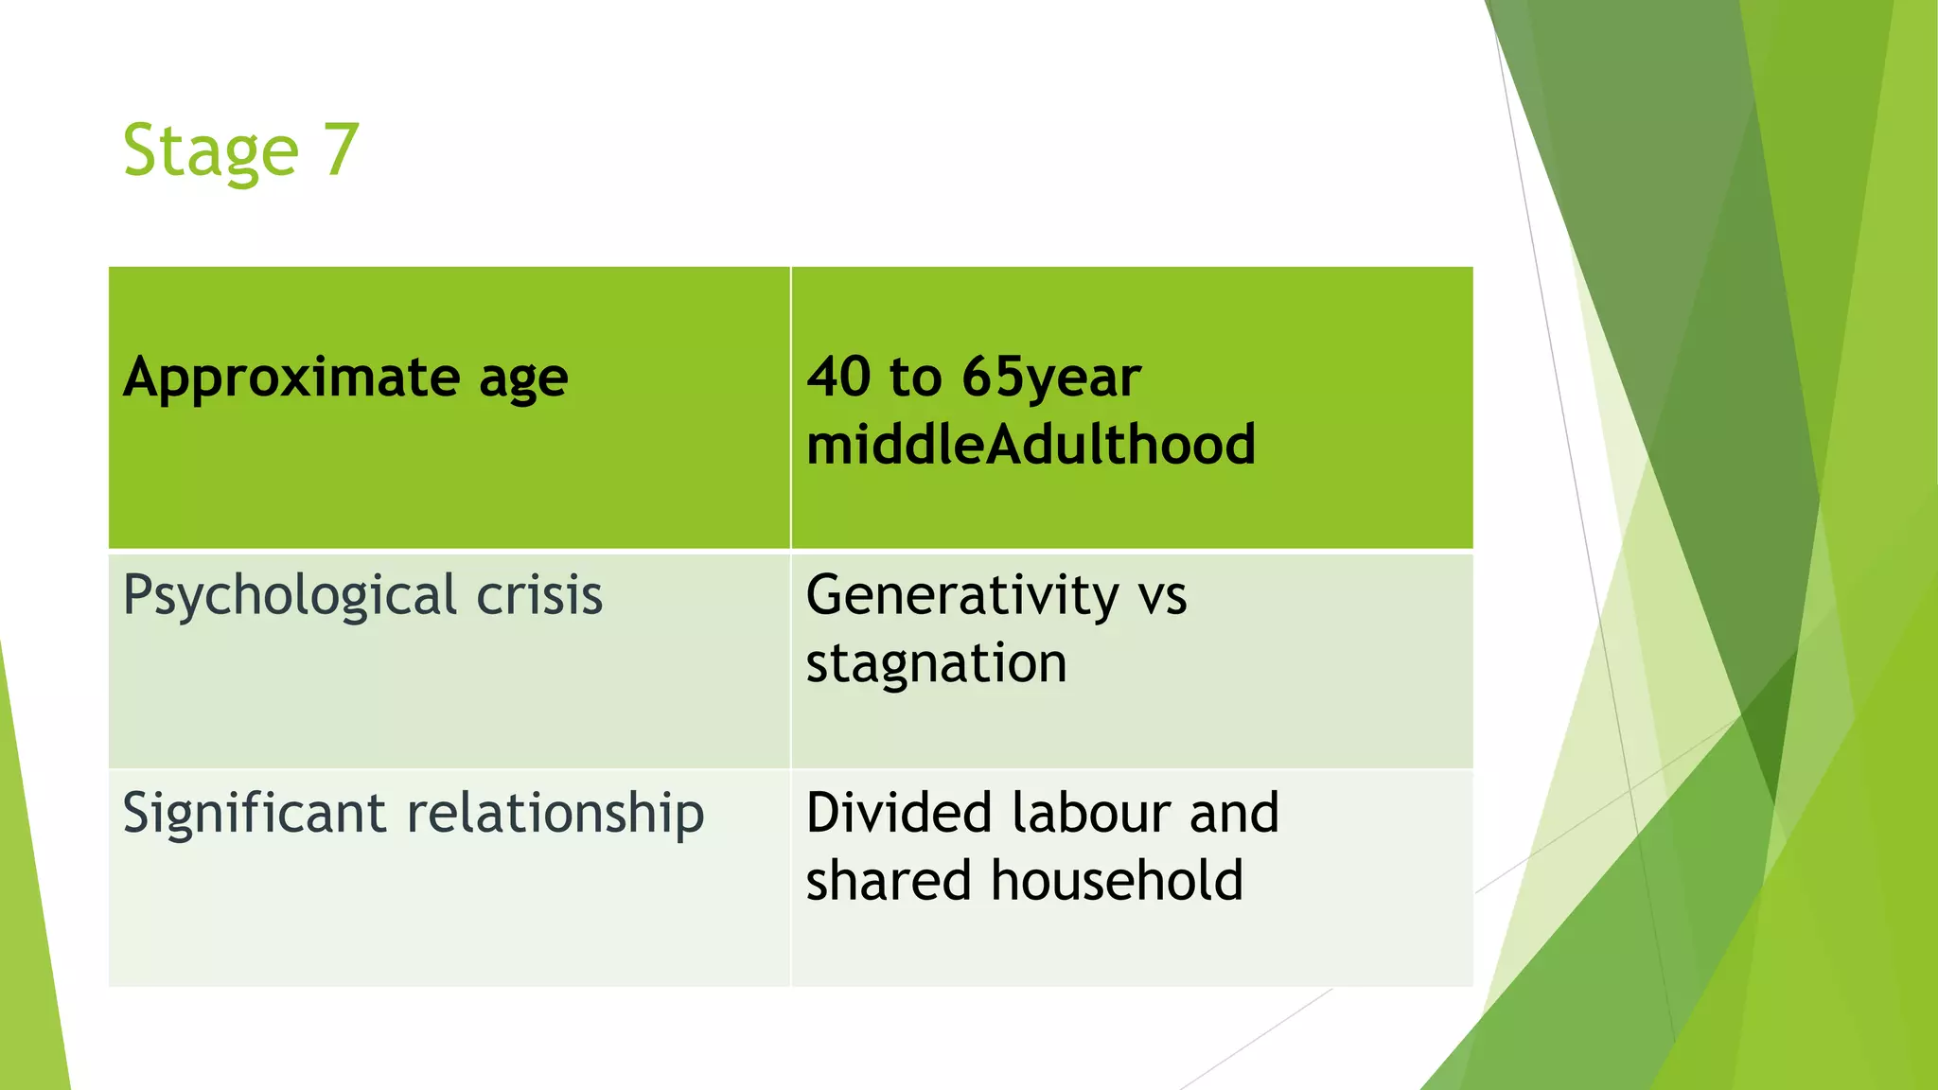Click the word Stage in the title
tap(211, 151)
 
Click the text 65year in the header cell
tap(1051, 378)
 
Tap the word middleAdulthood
tap(1031, 444)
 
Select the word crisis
tap(539, 595)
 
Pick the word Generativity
tap(962, 597)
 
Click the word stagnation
tap(936, 663)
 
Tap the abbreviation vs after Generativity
tap(1162, 597)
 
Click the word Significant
tap(255, 815)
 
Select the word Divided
tap(899, 813)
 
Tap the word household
tap(1117, 880)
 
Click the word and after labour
tap(1234, 813)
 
